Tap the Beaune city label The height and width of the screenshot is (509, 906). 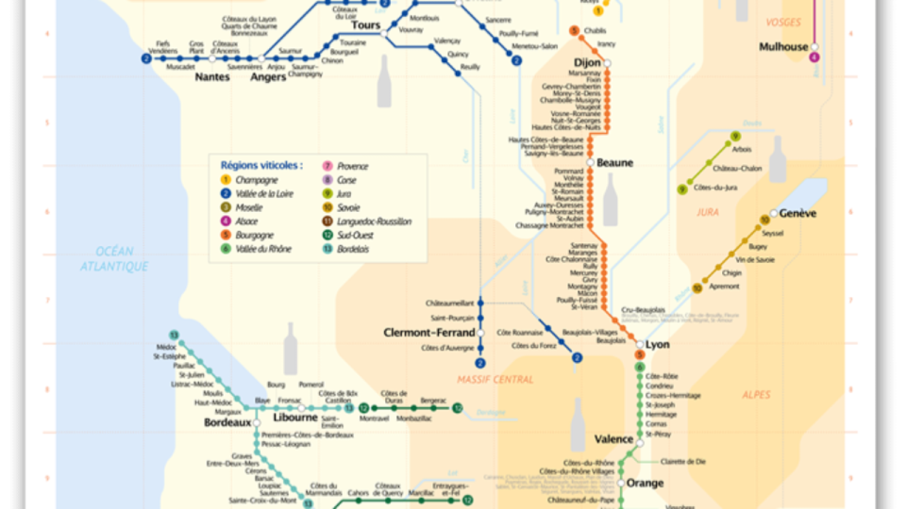pyautogui.click(x=613, y=163)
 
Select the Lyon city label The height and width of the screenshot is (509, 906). pyautogui.click(x=657, y=345)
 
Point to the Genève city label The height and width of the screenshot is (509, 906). pyautogui.click(x=797, y=214)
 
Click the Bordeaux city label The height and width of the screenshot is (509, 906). pyautogui.click(x=227, y=423)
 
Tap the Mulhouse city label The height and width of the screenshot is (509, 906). pyautogui.click(x=784, y=47)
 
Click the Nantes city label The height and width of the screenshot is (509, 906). pyautogui.click(x=211, y=77)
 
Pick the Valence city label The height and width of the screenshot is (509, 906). pyautogui.click(x=614, y=439)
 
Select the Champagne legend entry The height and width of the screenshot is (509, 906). pyautogui.click(x=256, y=180)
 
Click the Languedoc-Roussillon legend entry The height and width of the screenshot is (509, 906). pyautogui.click(x=375, y=222)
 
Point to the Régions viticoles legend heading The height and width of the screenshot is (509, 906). pyautogui.click(x=261, y=165)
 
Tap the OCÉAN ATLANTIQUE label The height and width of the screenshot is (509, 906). pyautogui.click(x=114, y=259)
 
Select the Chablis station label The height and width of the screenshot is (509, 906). pyautogui.click(x=595, y=31)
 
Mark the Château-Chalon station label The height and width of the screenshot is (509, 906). pyautogui.click(x=737, y=169)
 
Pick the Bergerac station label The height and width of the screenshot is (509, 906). pyautogui.click(x=433, y=401)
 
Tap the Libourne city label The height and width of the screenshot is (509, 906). pyautogui.click(x=295, y=418)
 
